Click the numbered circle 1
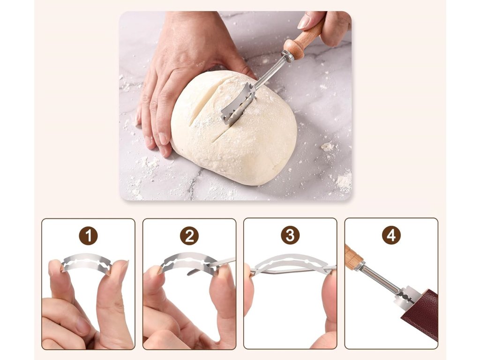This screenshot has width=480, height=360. pos(89,236)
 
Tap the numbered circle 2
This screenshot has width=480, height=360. pos(189,236)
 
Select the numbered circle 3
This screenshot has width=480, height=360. pos(290,235)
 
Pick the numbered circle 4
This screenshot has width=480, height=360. pos(391,235)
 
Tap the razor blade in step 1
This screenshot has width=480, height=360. pos(87,263)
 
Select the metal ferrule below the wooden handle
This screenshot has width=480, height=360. pos(287,57)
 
